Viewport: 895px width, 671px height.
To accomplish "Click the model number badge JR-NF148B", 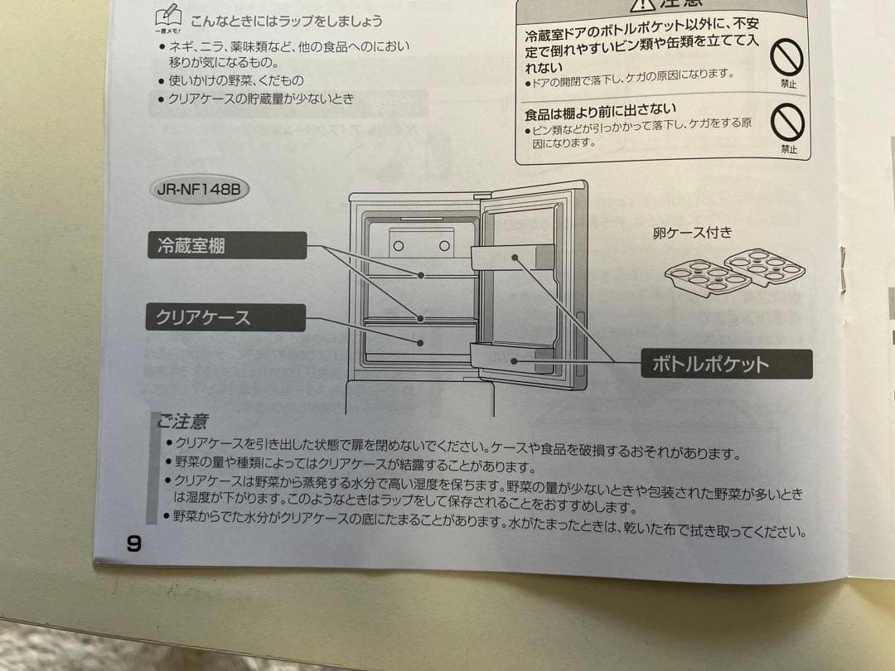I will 198,189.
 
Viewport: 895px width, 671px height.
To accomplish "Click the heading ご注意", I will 182,422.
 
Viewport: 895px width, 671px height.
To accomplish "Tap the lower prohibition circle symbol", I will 787,125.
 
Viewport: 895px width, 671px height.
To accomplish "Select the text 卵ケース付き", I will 692,233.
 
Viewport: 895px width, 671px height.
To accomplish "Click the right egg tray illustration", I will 764,265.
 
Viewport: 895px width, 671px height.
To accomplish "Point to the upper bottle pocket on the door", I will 512,257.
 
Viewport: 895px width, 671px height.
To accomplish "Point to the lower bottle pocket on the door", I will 512,360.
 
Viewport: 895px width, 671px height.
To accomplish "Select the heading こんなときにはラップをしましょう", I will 286,21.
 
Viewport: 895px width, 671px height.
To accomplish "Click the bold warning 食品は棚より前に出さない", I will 600,109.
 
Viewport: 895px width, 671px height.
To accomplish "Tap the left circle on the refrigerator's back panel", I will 399,245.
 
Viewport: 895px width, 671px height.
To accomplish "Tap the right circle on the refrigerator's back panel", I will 444,245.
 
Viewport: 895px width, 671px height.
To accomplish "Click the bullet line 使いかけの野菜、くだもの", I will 236,80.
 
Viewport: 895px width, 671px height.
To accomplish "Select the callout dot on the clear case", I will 421,342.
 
